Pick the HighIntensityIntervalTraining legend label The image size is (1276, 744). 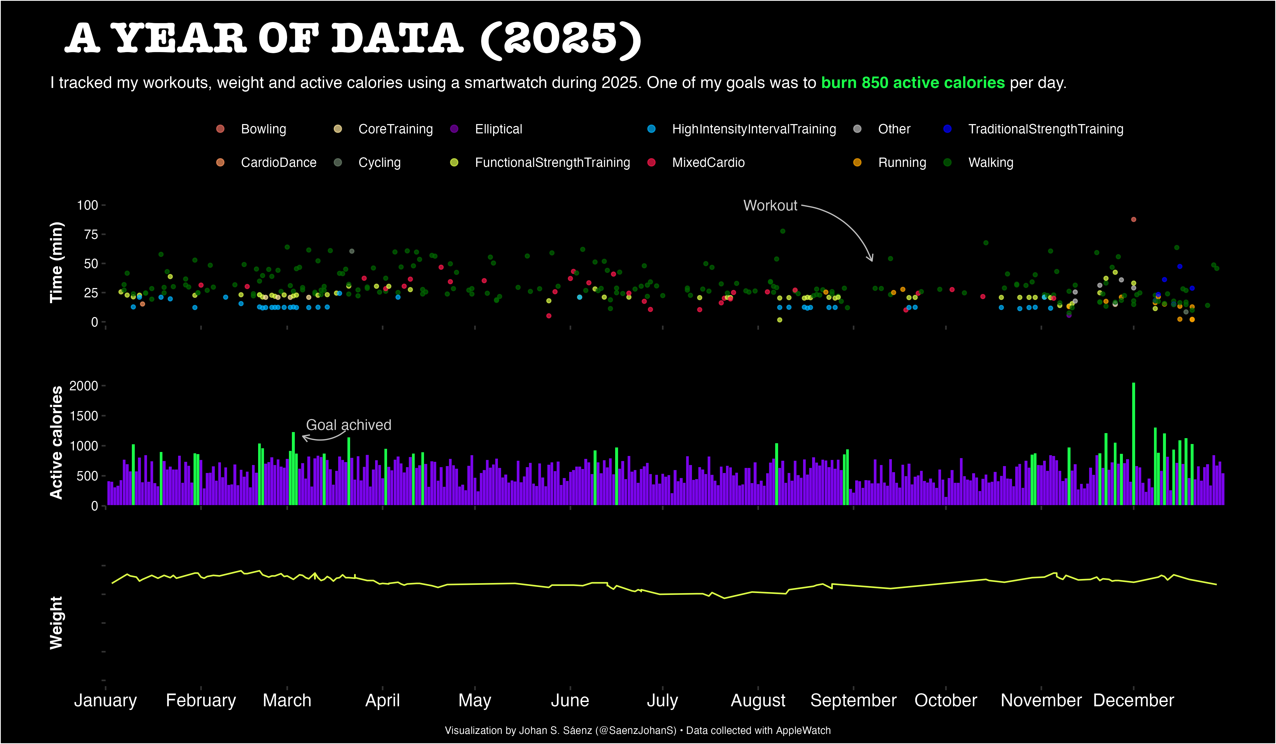pyautogui.click(x=754, y=129)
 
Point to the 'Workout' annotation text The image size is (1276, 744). pyautogui.click(x=770, y=205)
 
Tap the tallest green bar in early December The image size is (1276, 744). pyautogui.click(x=1133, y=444)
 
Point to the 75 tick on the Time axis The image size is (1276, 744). pyautogui.click(x=91, y=234)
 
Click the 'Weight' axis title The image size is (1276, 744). pyautogui.click(x=56, y=623)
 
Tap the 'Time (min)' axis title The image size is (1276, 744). pyautogui.click(x=56, y=262)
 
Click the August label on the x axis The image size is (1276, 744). pyautogui.click(x=758, y=700)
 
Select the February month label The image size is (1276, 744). pyautogui.click(x=201, y=700)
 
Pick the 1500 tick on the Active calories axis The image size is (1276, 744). pyautogui.click(x=83, y=416)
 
